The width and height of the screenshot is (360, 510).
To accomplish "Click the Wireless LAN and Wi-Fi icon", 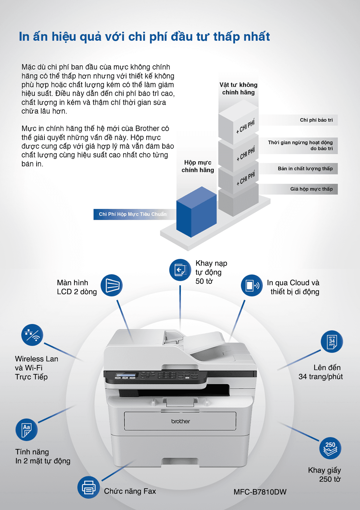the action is [x=32, y=335].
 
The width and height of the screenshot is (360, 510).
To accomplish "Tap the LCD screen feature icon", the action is [x=112, y=285].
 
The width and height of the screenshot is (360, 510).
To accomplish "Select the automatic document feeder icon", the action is [x=180, y=270].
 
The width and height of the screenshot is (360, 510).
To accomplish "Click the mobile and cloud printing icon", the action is [x=252, y=285].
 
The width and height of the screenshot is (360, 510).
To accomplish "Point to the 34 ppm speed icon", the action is [x=332, y=341].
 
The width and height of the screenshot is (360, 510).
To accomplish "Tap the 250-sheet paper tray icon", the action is [x=330, y=448].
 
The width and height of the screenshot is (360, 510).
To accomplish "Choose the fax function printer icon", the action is [x=88, y=487].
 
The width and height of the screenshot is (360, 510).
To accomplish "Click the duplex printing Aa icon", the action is [x=26, y=430].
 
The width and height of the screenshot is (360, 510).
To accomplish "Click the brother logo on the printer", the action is [x=180, y=421].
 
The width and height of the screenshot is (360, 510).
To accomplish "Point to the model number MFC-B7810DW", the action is [x=260, y=492].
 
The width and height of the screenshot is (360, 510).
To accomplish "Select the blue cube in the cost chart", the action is [x=196, y=212].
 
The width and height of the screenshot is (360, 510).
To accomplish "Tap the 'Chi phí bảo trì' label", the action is [x=316, y=120].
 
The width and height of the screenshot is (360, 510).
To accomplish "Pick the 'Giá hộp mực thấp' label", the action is [x=311, y=189].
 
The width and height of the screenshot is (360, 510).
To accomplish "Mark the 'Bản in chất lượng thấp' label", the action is [x=305, y=169].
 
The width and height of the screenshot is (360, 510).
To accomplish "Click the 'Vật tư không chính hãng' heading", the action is [x=238, y=88].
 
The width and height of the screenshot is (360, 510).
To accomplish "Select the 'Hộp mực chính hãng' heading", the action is [x=198, y=166].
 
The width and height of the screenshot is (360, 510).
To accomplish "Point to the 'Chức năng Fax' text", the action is [x=130, y=491].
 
